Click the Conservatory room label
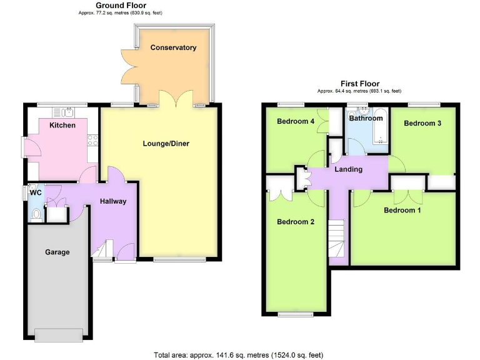tap(173, 47)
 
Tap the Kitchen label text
tap(62, 125)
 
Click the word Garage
tap(57, 252)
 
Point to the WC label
tap(36, 192)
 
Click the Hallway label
tap(113, 201)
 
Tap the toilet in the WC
tap(36, 214)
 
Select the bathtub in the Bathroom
tap(379, 133)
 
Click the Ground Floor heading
tap(112, 6)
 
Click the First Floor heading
tap(359, 84)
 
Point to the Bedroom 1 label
tap(402, 210)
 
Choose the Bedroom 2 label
tap(296, 222)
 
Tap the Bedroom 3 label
tap(422, 123)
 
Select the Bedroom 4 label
tap(296, 121)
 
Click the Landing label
tap(349, 169)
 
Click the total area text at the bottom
tap(239, 355)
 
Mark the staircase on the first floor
tap(338, 240)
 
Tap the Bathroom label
tap(366, 118)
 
